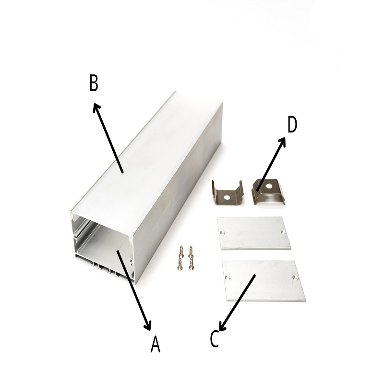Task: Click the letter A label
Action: tap(155, 344)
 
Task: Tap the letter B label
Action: tap(94, 83)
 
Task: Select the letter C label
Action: tap(214, 339)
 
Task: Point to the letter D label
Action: tap(292, 124)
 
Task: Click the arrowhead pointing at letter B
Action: tap(96, 107)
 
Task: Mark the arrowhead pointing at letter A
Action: tap(148, 326)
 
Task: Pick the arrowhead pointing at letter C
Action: tap(222, 326)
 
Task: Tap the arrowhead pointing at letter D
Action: tap(282, 142)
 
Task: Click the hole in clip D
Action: tap(269, 186)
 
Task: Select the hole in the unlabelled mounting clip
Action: tap(227, 197)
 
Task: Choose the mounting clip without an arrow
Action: tap(227, 192)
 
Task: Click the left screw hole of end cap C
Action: tap(227, 278)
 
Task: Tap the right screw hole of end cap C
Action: tap(295, 277)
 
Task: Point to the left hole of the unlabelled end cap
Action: tap(222, 233)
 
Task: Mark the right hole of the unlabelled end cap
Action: tap(283, 232)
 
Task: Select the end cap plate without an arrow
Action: tap(254, 233)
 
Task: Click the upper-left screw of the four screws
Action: tap(181, 251)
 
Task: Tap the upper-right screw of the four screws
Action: tap(191, 252)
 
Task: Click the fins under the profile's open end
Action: tap(105, 268)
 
